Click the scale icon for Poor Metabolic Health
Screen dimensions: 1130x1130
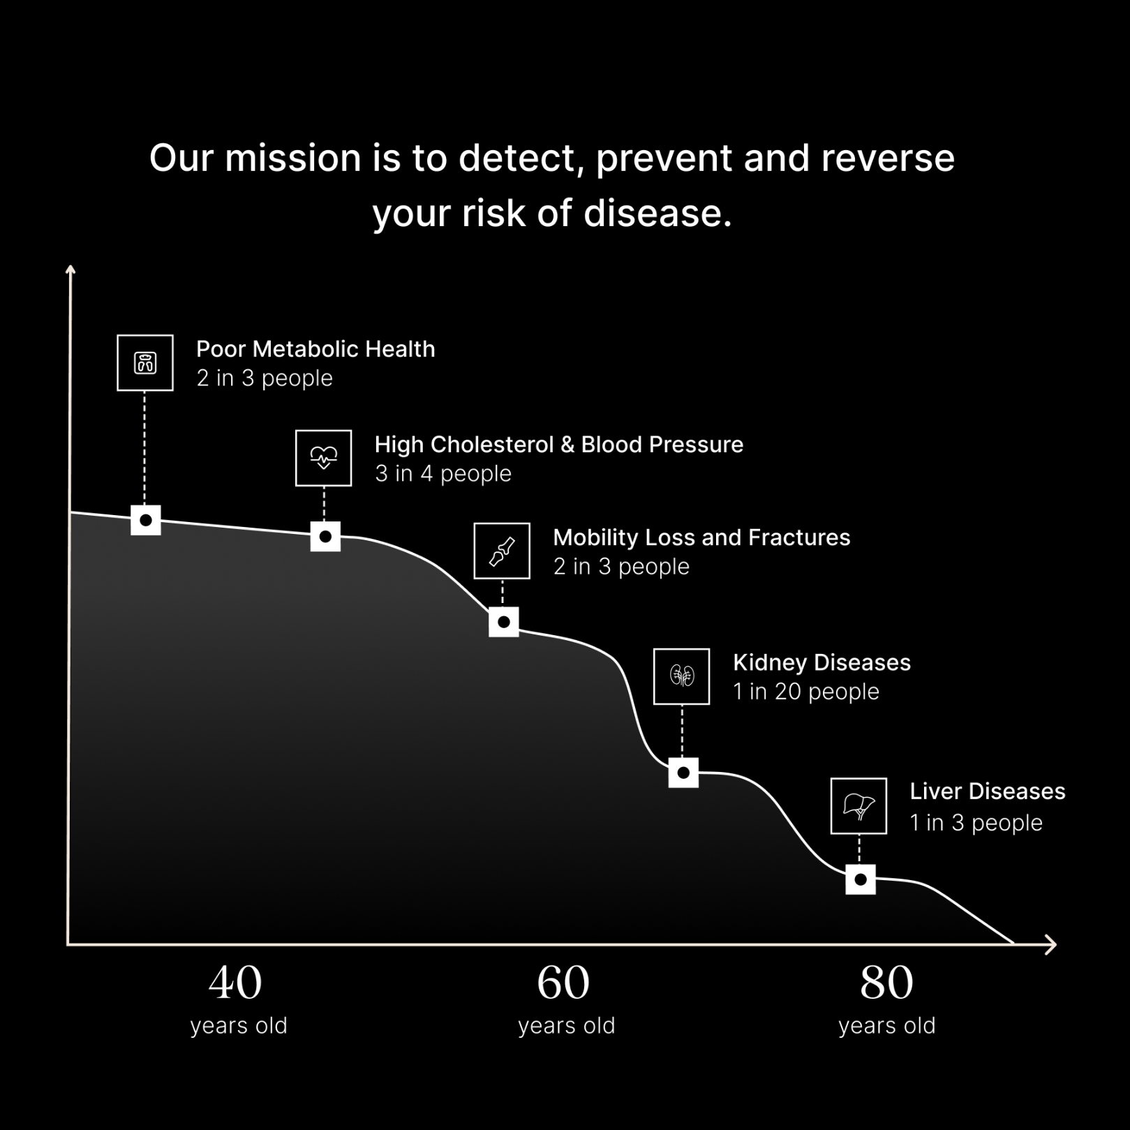coord(145,363)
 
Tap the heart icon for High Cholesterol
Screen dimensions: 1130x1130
coord(323,458)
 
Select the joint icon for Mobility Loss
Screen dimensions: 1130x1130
coord(502,551)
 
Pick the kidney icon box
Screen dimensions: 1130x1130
coord(681,676)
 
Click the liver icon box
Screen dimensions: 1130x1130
coord(858,806)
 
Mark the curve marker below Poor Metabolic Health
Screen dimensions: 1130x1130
coord(146,520)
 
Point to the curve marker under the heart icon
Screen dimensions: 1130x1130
coord(325,537)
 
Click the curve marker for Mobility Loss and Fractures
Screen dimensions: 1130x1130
coord(504,622)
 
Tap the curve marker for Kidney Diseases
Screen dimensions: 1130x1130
coord(683,773)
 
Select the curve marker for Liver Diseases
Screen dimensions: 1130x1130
coord(861,879)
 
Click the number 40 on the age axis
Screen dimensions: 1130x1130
coord(235,983)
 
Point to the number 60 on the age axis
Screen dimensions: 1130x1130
coord(563,983)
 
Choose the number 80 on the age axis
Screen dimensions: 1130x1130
coord(886,983)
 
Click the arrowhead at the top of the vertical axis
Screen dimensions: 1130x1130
coord(70,269)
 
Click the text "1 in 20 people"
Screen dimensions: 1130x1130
coord(806,692)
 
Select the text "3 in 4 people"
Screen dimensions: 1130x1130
coord(443,474)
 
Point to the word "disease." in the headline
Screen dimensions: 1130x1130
coord(658,214)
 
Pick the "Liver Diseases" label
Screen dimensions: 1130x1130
coord(988,791)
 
